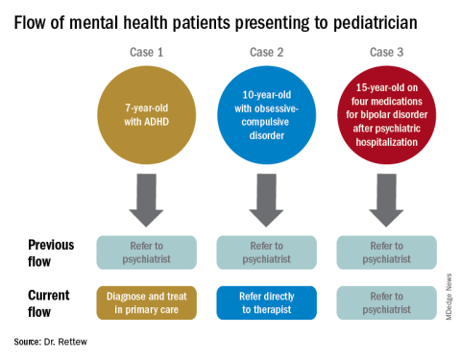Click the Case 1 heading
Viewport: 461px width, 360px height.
coord(146,52)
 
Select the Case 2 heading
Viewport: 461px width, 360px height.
coord(266,52)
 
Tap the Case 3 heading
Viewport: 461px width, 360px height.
coord(386,52)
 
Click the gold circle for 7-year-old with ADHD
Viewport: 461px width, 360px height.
coord(147,115)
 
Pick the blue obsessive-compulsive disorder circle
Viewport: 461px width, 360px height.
coord(267,115)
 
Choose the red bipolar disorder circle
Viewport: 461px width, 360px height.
coord(387,115)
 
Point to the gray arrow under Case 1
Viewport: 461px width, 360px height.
coord(146,201)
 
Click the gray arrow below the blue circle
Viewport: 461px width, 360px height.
coord(266,201)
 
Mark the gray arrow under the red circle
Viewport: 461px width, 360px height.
coord(386,201)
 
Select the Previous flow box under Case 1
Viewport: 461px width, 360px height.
coord(147,252)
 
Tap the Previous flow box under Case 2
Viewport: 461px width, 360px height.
coord(267,252)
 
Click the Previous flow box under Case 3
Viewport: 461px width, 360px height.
coord(387,252)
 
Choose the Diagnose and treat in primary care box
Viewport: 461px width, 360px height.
coord(147,302)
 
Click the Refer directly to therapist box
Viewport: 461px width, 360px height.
coord(267,302)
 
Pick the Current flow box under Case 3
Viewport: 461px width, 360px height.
coord(387,302)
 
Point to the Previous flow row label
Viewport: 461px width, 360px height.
coord(51,252)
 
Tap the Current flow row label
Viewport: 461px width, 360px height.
coord(49,303)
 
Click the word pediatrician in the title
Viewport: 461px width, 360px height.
coord(376,23)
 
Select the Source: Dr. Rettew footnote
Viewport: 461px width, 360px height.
coord(51,342)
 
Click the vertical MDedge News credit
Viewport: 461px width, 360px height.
coord(449,297)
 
